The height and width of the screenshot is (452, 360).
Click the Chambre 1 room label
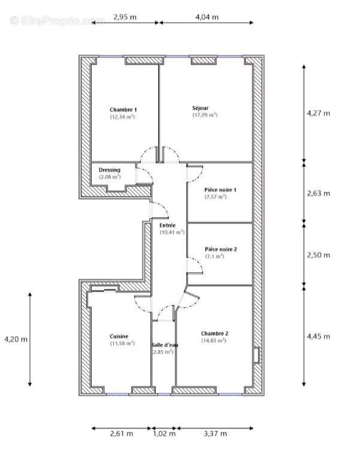(123, 110)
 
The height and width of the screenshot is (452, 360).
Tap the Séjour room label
(201, 108)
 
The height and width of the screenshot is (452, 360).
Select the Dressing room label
(110, 170)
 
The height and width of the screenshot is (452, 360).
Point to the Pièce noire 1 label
(220, 190)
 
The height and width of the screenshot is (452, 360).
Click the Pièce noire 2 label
(220, 249)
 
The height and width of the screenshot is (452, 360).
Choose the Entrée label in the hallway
(167, 225)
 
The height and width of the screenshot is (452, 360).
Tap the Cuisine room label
(119, 336)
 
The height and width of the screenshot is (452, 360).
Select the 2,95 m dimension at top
(125, 17)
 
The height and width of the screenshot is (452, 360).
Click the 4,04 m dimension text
(207, 17)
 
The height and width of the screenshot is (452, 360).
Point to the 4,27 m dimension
(318, 113)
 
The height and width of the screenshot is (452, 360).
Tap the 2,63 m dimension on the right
(318, 193)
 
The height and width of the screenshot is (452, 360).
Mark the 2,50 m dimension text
(318, 255)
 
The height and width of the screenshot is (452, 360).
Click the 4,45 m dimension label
(318, 336)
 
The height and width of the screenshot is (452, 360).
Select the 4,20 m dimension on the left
(16, 339)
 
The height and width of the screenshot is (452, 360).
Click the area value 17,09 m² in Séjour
(205, 115)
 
